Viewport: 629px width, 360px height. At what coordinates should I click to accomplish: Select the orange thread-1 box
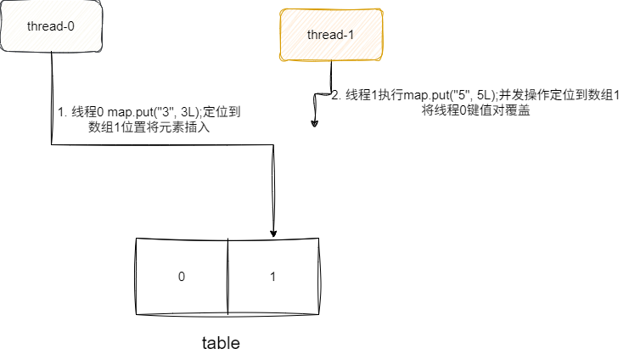point(331,35)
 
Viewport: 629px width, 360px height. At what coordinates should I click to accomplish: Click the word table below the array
point(221,344)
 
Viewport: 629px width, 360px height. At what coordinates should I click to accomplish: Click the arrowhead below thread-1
point(314,123)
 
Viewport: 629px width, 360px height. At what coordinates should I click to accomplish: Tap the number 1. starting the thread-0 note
point(62,112)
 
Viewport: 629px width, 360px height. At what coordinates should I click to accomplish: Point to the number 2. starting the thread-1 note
point(335,95)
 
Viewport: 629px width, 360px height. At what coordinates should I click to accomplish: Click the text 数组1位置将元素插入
point(149,127)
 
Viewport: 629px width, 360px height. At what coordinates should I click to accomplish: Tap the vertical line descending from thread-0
point(52,93)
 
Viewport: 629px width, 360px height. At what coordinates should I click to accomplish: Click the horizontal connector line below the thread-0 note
point(161,145)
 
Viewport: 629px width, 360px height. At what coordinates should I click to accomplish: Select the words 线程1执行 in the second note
point(367,95)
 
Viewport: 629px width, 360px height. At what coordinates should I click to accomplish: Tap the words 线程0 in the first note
point(88,112)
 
